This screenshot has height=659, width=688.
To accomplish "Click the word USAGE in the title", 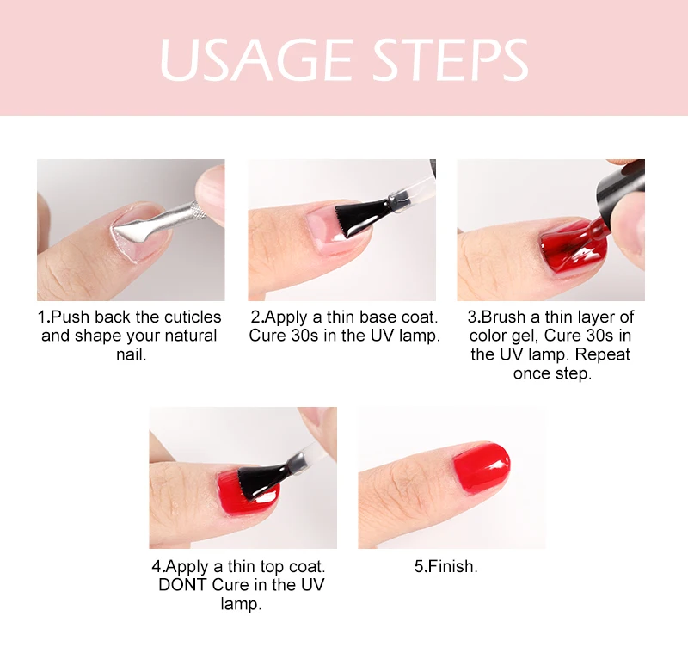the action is coord(256,59).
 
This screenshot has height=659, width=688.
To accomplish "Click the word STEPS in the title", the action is coord(451,59).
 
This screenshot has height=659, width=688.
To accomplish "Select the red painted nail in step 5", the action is coord(482,466).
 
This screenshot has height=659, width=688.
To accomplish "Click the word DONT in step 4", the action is coord(183,585).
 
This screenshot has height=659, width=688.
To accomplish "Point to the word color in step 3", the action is coord(488,336).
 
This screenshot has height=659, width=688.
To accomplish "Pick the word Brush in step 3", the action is coord(503,317).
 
